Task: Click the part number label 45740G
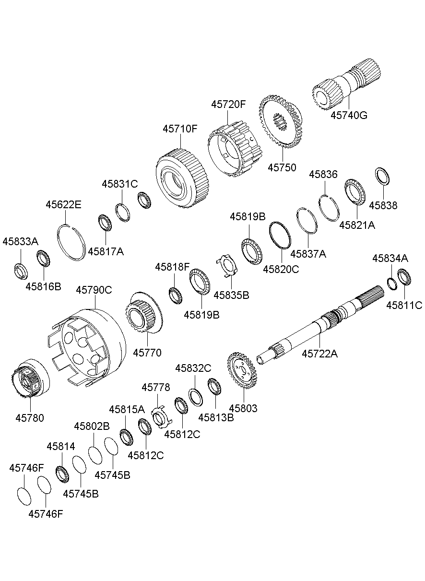point(349,115)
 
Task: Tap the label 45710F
point(180,129)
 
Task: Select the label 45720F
point(228,105)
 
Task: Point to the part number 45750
point(282,167)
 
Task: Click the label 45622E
point(63,204)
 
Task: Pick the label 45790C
point(94,290)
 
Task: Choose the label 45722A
point(320,354)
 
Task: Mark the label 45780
point(29,418)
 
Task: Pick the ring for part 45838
point(382,176)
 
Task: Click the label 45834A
point(390,259)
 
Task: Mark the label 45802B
point(92,426)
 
